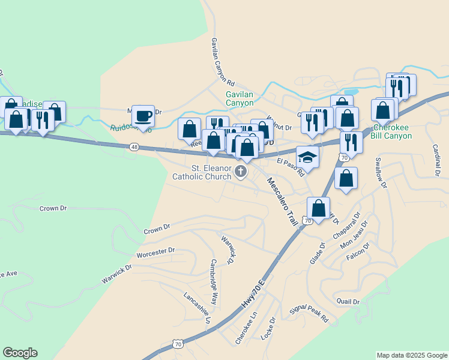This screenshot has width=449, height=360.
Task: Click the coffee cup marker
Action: tap(143, 115)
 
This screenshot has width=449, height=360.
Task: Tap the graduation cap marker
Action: tap(307, 157)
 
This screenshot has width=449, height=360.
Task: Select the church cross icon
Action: tap(241, 173)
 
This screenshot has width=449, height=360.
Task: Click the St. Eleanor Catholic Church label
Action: tap(202, 173)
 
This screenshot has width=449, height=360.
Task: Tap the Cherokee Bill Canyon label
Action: tap(392, 132)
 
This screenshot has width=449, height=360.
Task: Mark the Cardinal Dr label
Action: tap(435, 161)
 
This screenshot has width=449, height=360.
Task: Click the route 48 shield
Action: tap(134, 146)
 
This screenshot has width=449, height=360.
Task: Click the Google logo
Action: tap(20, 353)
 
